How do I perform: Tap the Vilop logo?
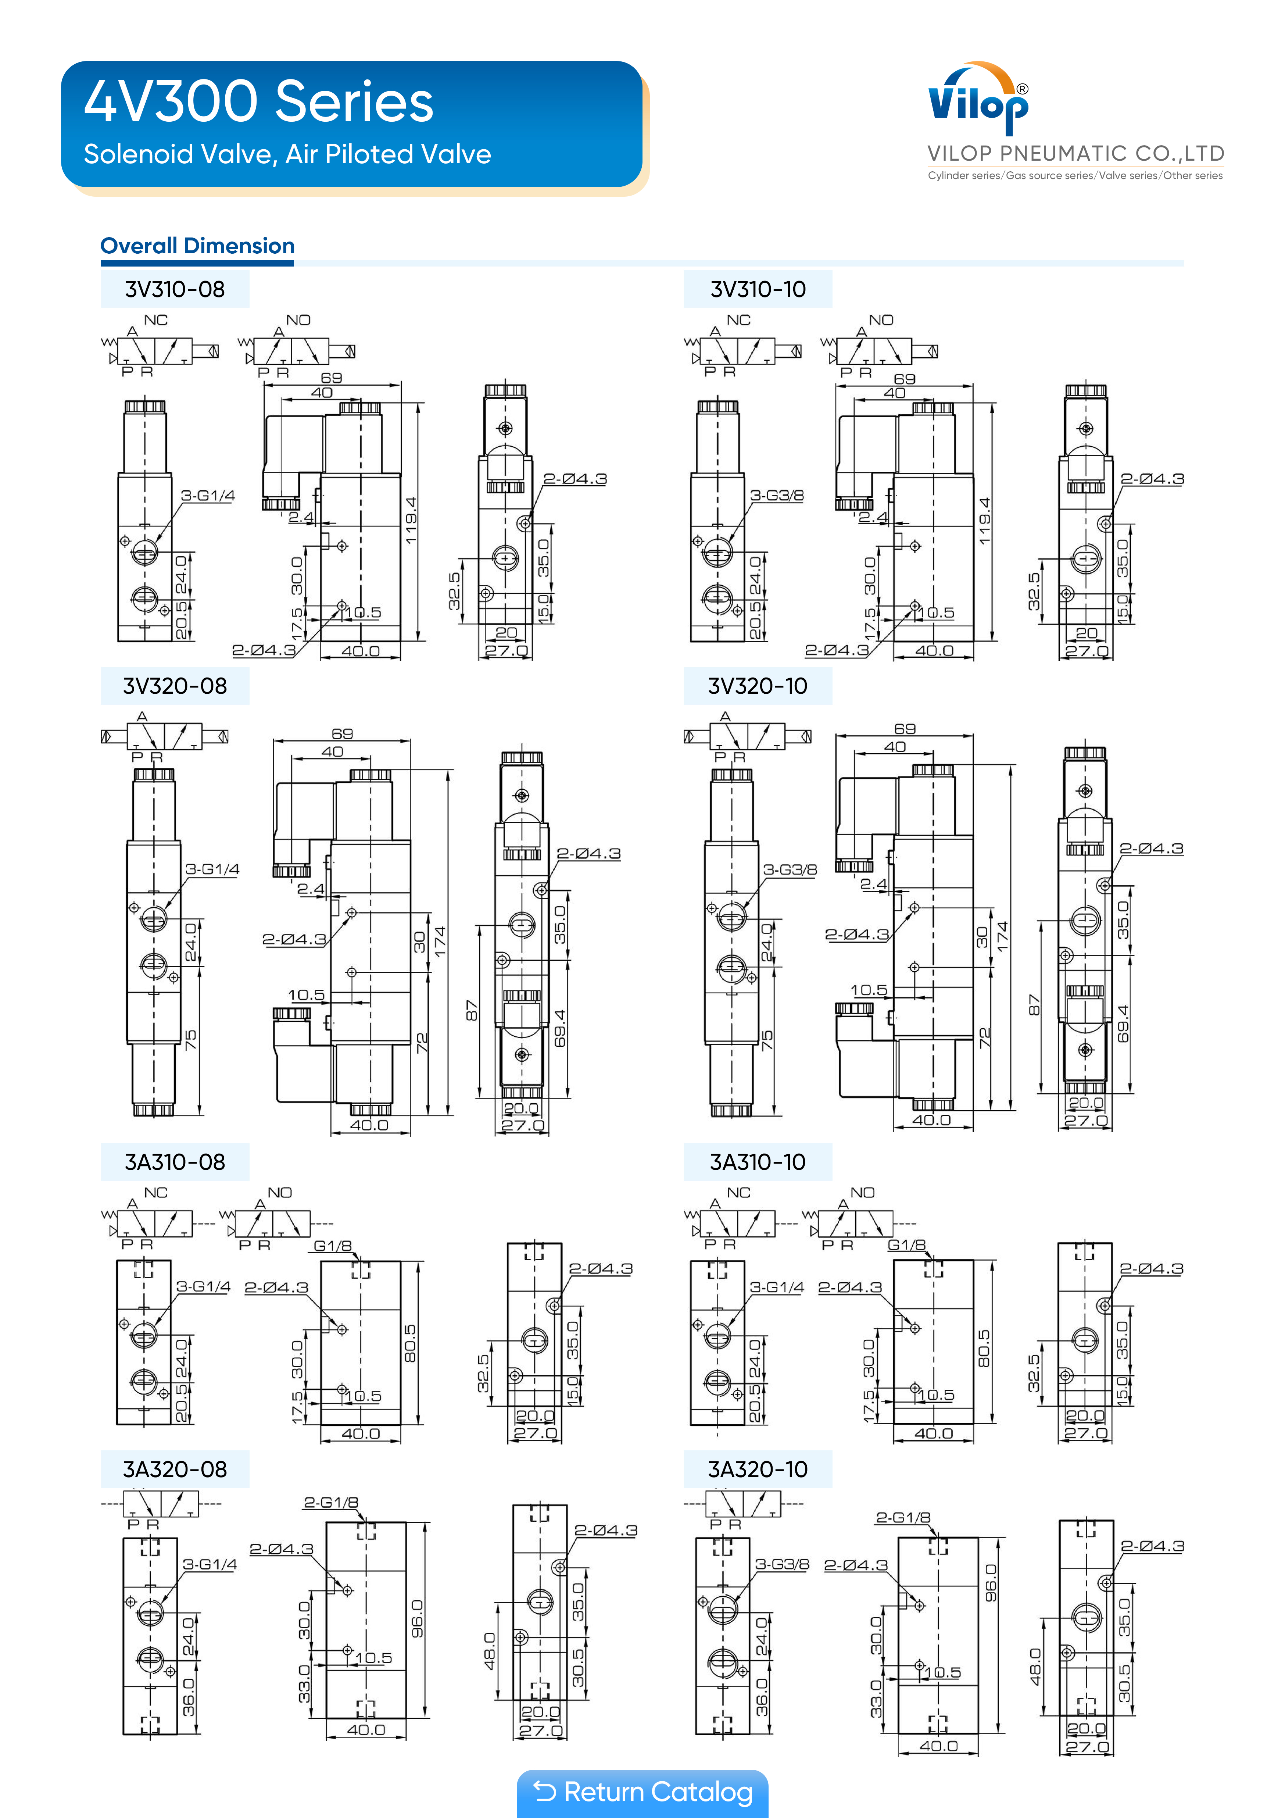(x=978, y=99)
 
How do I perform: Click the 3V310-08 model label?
(x=175, y=289)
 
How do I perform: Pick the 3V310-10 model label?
(x=758, y=289)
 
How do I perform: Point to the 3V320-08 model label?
(x=175, y=686)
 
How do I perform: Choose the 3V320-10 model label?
(x=758, y=686)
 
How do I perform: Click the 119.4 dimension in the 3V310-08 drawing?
(x=410, y=520)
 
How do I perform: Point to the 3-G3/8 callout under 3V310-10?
(x=777, y=496)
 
